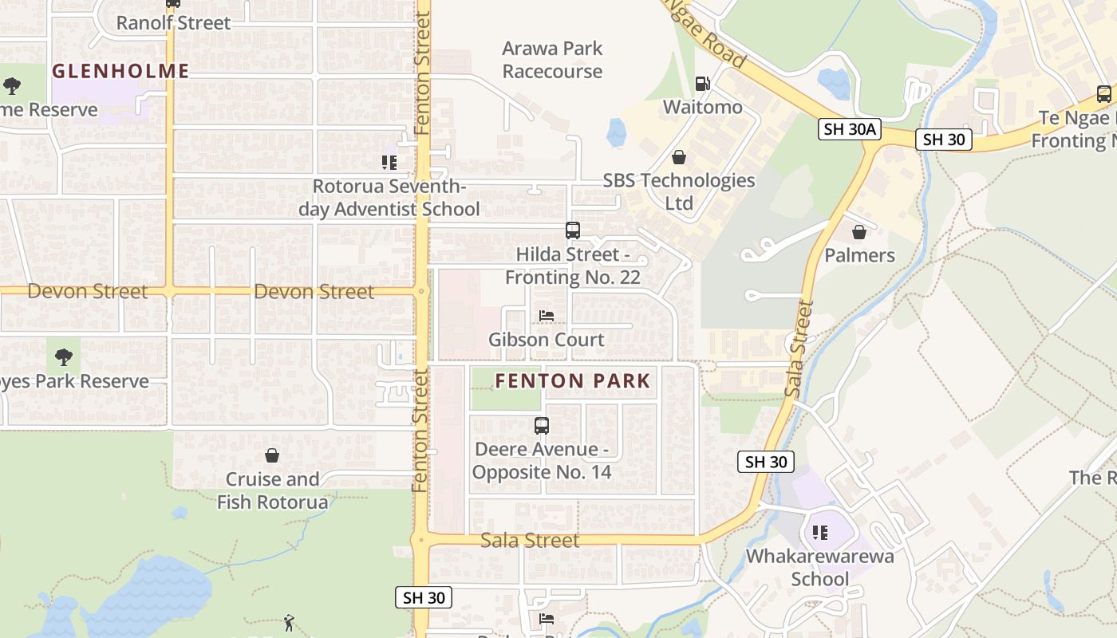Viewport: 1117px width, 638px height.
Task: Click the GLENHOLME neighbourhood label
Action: (120, 71)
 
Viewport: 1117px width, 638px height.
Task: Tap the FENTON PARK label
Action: (573, 380)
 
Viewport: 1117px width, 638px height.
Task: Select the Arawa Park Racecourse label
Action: (552, 60)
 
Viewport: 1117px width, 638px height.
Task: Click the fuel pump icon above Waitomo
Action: (702, 84)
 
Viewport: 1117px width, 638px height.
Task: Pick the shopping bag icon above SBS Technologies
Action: (678, 157)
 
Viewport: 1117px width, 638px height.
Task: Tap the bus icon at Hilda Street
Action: (573, 230)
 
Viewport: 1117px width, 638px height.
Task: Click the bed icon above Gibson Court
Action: (547, 316)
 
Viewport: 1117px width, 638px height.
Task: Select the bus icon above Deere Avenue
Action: (542, 426)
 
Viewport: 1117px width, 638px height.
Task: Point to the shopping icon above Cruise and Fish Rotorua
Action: (272, 455)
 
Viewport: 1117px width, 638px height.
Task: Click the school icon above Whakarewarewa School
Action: (819, 533)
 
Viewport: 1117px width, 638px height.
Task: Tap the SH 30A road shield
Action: (849, 129)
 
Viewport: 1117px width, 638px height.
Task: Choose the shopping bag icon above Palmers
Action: (859, 232)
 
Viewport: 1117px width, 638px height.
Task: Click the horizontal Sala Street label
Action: (530, 540)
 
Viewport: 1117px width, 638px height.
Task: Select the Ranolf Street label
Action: (173, 22)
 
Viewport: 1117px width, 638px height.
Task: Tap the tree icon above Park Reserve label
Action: (63, 357)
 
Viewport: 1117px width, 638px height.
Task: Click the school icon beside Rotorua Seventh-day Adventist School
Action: (389, 163)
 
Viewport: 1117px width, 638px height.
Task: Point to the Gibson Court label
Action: (547, 340)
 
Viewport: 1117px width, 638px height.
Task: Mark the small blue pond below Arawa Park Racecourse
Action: (616, 132)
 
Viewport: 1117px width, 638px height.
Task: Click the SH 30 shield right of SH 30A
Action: (944, 140)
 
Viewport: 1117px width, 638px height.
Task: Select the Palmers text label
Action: (859, 255)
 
